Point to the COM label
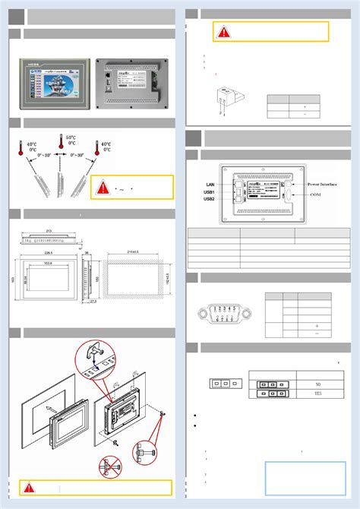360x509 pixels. (316, 195)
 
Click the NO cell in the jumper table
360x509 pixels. (317, 384)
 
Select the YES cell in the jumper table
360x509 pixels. (317, 395)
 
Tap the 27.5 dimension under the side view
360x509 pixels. (92, 302)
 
